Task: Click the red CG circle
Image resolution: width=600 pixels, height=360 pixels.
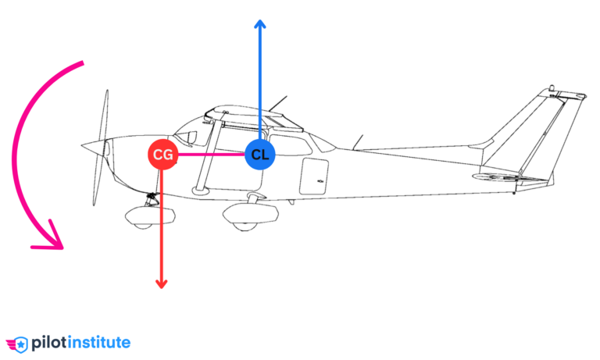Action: point(162,155)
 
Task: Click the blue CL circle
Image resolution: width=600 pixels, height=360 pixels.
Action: point(260,155)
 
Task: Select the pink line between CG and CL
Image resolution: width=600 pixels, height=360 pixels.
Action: point(211,155)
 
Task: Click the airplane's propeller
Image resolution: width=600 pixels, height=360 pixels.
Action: point(100,148)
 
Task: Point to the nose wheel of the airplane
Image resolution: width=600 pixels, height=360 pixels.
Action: point(141,214)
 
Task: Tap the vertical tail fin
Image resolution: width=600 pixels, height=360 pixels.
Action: point(539,125)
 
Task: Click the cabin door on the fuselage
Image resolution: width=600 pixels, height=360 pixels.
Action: point(315,176)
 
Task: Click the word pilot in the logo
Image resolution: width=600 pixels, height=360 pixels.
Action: point(48,342)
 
